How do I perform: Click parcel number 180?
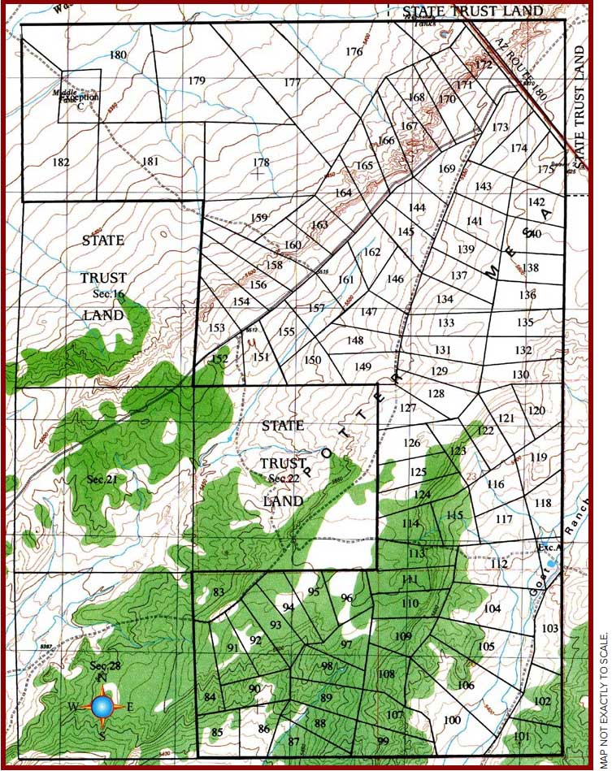click(x=118, y=55)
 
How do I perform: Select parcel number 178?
click(x=260, y=162)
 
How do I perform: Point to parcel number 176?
click(x=354, y=52)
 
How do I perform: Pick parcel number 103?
click(x=549, y=629)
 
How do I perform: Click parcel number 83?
click(x=218, y=592)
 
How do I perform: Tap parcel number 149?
click(x=362, y=367)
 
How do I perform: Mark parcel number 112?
click(x=499, y=564)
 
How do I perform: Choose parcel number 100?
click(x=452, y=720)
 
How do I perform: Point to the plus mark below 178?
click(x=258, y=172)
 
